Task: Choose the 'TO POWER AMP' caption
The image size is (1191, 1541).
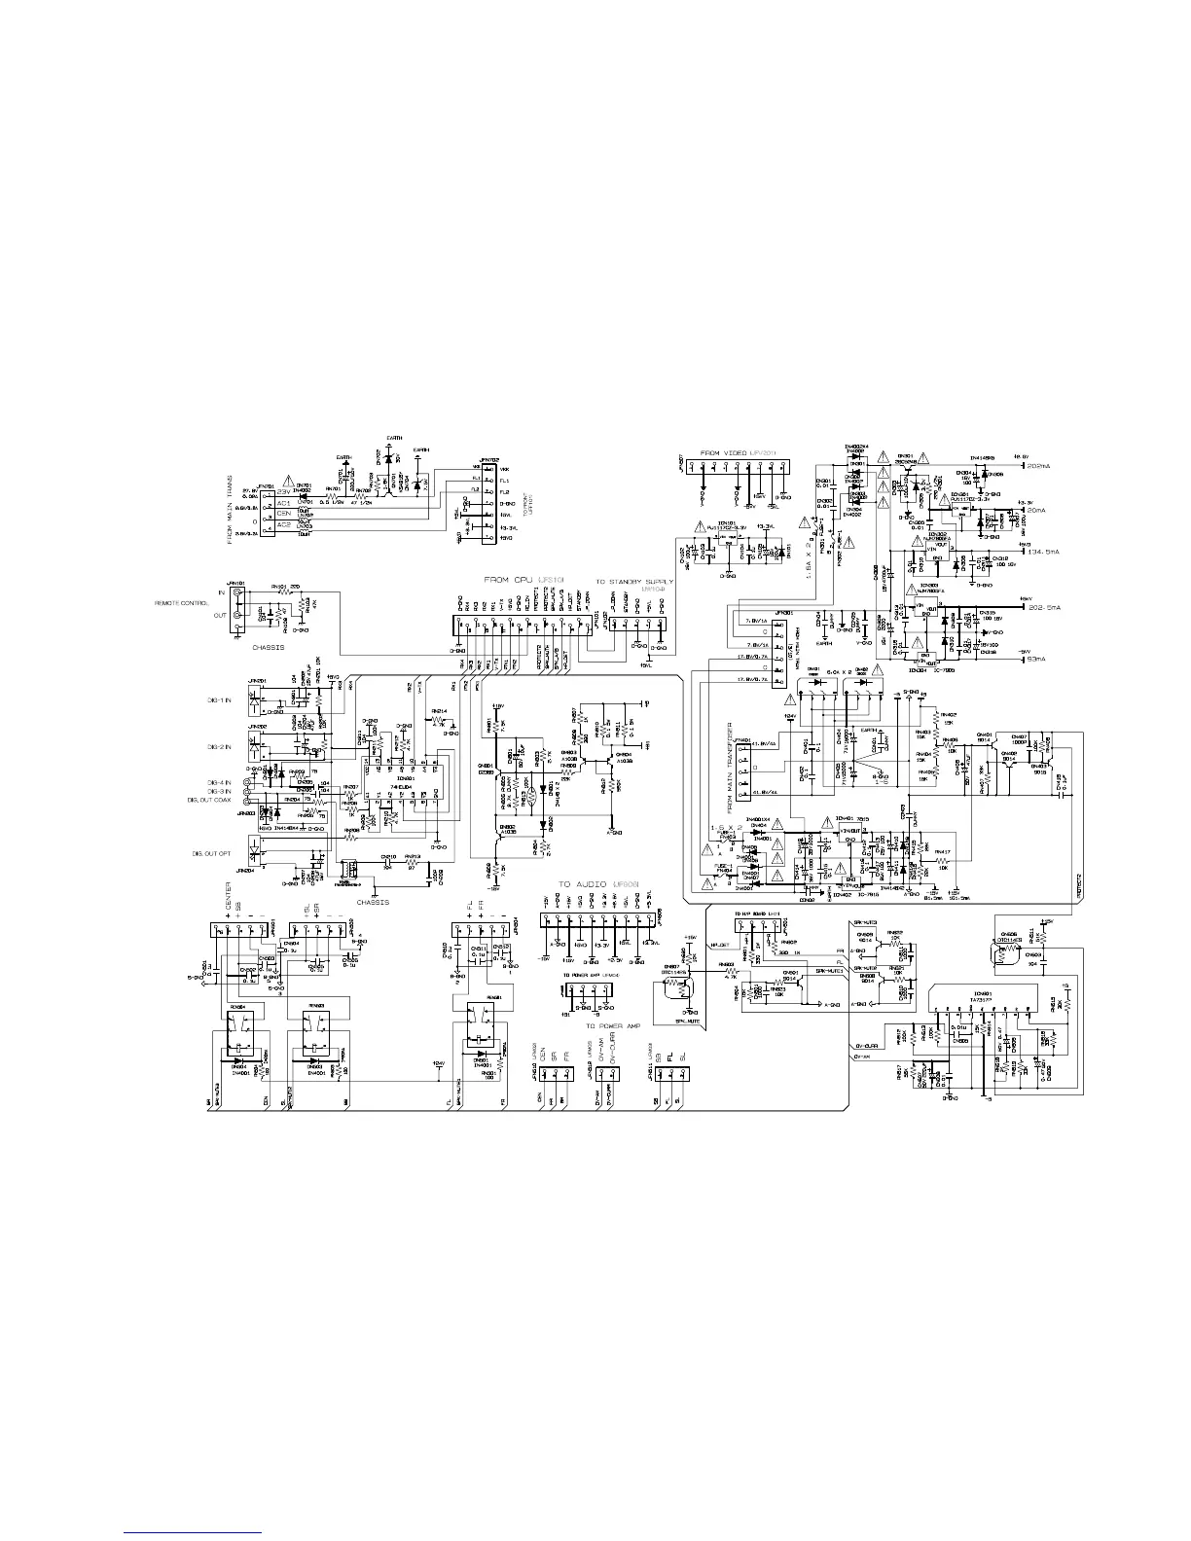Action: [604, 1025]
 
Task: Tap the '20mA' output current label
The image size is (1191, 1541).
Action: [1039, 509]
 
